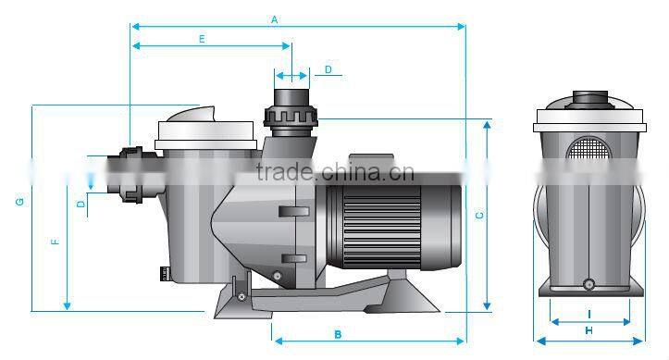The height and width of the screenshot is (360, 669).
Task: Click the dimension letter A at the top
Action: tap(274, 19)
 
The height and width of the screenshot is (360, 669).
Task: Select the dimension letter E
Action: tap(202, 39)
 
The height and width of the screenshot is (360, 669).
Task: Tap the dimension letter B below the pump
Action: tap(338, 334)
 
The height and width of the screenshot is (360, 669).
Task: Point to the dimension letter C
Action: tap(479, 216)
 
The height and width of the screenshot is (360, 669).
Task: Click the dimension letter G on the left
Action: tap(20, 202)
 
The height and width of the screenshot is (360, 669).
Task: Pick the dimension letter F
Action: tap(55, 242)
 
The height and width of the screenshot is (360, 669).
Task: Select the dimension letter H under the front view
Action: tap(589, 330)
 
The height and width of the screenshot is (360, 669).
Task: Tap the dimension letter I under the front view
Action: tap(589, 315)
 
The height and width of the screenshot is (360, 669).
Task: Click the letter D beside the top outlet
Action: tap(328, 69)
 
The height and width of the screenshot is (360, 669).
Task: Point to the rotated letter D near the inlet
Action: tap(81, 205)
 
